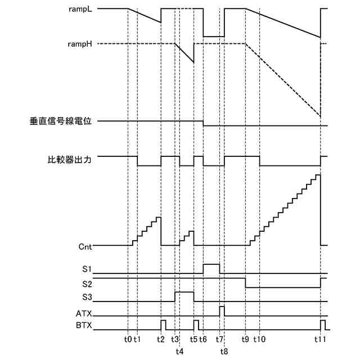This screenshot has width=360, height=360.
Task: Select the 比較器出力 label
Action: [x=70, y=159]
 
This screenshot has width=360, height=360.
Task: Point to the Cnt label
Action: [x=85, y=246]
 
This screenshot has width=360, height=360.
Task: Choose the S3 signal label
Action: [x=87, y=296]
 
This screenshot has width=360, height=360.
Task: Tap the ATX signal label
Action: [x=84, y=313]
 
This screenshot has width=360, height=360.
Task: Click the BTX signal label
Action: [x=84, y=326]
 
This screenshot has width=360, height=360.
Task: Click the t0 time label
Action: [x=128, y=340]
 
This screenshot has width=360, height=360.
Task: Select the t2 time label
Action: [x=161, y=340]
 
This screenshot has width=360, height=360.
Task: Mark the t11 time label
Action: [x=320, y=340]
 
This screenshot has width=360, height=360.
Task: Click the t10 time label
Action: [x=260, y=340]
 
